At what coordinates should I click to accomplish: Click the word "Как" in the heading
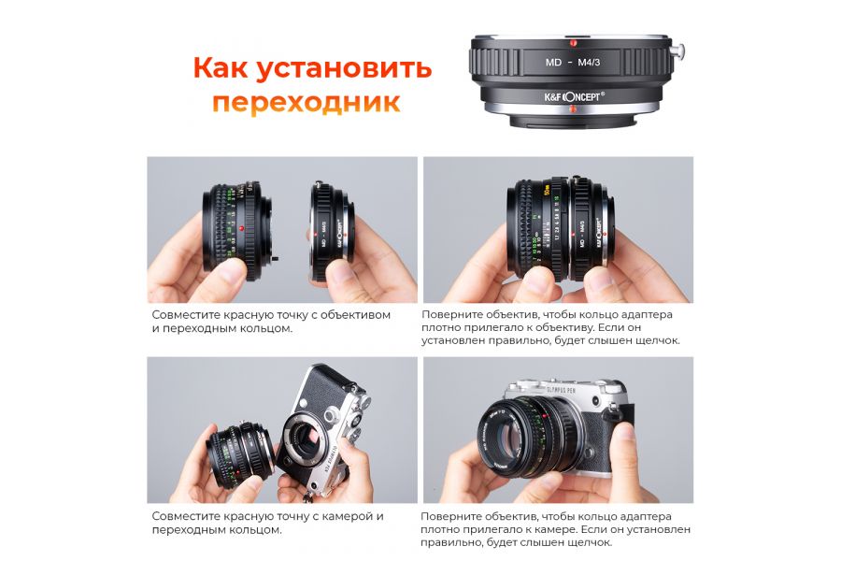(x=224, y=68)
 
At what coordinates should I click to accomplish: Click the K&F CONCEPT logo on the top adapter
(x=571, y=94)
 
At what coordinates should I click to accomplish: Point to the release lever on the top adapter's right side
(x=683, y=50)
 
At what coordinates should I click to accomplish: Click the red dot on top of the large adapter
(x=571, y=42)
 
